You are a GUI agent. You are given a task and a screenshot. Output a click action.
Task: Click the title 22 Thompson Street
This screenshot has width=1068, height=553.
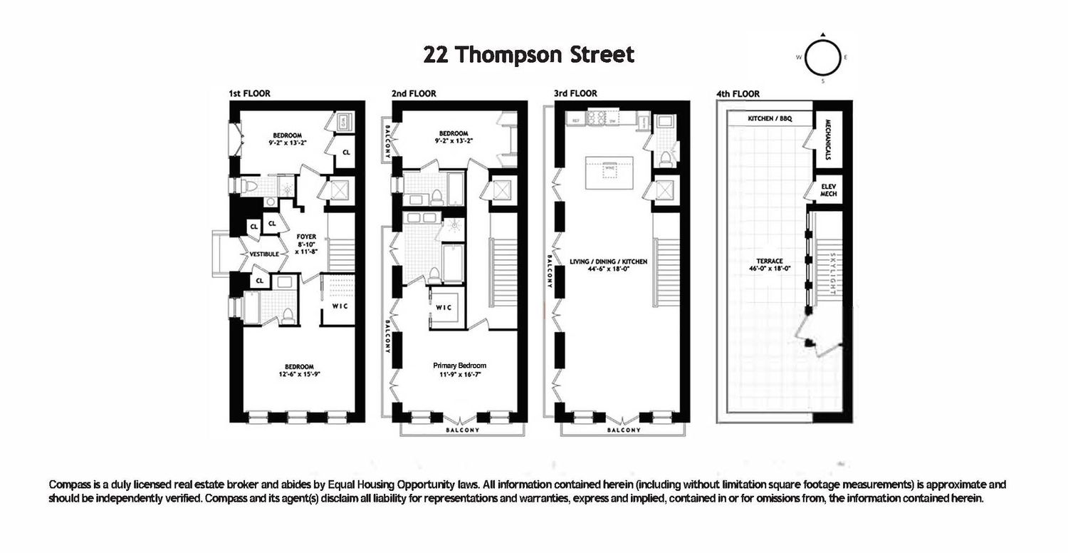[x=528, y=55]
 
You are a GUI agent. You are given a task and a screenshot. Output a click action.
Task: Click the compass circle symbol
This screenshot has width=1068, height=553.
[x=822, y=58]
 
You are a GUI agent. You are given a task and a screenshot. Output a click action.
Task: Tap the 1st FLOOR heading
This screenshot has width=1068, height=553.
[x=249, y=93]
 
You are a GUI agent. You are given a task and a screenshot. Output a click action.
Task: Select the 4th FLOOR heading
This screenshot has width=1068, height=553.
[x=738, y=93]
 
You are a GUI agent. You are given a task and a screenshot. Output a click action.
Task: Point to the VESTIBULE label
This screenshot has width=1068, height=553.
[x=263, y=254]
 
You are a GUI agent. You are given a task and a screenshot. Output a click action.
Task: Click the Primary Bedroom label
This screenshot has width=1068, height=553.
[x=459, y=366]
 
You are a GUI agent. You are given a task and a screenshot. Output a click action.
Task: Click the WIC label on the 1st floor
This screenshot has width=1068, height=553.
[x=340, y=307]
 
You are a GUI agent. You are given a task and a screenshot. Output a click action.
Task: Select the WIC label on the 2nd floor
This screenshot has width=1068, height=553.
[x=444, y=308]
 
